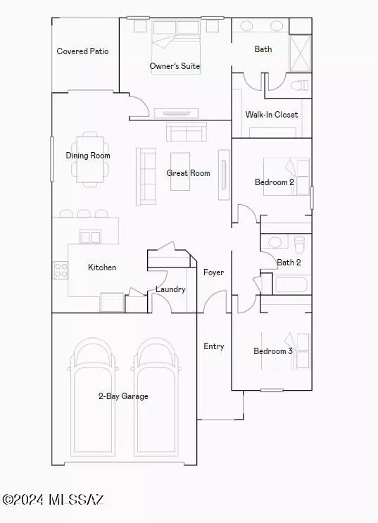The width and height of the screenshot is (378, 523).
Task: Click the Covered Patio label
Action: [83, 51]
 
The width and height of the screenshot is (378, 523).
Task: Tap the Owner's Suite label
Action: [175, 67]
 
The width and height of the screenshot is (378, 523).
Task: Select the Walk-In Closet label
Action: [272, 115]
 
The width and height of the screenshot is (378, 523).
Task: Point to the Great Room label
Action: [188, 173]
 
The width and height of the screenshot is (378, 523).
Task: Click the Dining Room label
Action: [88, 156]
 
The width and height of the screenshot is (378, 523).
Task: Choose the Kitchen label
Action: [102, 267]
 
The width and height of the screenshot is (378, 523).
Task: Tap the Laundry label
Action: [170, 289]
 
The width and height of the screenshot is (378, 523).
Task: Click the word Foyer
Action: [214, 272]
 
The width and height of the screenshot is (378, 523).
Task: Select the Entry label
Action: [214, 346]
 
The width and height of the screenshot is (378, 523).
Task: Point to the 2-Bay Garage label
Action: [123, 396]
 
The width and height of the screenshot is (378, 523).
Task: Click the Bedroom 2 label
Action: [275, 182]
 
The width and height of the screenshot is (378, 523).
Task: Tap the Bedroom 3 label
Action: [273, 351]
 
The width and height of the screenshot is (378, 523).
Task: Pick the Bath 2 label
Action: [289, 263]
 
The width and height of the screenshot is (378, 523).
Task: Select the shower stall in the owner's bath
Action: [300, 49]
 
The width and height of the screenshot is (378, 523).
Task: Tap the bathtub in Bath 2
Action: [291, 286]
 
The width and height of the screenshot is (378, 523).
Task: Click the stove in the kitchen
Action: [60, 268]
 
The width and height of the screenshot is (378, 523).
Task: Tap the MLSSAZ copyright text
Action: [54, 499]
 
